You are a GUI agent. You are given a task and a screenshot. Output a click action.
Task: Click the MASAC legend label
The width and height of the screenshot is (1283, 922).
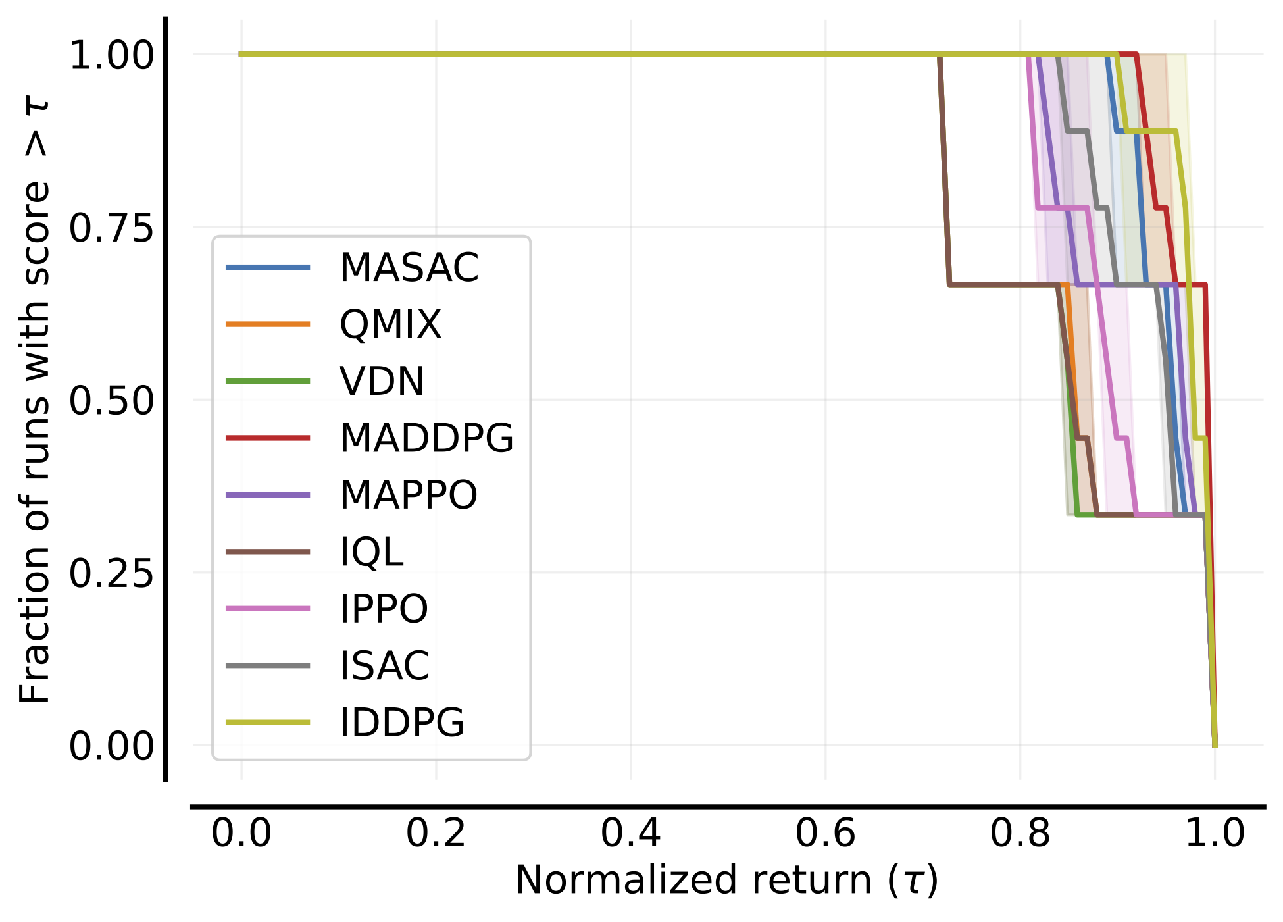point(409,268)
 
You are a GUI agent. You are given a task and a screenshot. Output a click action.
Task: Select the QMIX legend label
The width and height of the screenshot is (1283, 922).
point(390,324)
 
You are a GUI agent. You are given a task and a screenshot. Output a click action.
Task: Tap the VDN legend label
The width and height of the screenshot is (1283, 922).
point(382,381)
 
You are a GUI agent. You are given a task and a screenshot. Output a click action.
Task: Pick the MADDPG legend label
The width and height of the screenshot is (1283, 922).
point(426,438)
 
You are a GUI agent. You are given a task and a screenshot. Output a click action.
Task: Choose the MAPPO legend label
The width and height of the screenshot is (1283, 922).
point(408,495)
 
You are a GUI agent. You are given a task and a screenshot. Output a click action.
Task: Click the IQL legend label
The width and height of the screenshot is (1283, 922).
point(371,552)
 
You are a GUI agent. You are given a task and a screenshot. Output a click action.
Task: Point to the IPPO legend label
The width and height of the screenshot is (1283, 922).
point(384,609)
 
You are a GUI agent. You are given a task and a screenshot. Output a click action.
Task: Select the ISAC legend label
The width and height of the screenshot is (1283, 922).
point(384,665)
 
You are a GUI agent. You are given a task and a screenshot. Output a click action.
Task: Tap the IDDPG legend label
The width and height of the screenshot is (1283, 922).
point(402,723)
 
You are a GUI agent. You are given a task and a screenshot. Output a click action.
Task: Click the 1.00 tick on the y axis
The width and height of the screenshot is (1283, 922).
point(111,55)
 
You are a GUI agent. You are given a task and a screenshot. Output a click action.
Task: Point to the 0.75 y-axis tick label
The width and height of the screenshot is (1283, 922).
point(111,228)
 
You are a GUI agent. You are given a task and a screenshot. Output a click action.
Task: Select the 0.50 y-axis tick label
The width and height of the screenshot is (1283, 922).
point(111,401)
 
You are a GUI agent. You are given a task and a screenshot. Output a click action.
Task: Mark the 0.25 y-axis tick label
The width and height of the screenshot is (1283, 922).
point(111,573)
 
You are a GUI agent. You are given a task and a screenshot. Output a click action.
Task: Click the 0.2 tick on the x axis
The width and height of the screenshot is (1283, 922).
point(436,834)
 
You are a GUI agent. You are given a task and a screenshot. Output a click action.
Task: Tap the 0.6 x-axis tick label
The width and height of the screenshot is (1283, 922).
point(825,834)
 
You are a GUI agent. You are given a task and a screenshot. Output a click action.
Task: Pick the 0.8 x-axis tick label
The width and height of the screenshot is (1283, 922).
point(1020,834)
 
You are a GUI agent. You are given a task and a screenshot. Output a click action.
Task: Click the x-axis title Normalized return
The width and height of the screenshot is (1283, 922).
point(726,881)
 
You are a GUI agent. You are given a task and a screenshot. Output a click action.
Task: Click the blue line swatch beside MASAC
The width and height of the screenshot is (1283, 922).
point(268,267)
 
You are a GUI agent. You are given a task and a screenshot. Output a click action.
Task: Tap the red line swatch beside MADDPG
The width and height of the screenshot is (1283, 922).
point(268,438)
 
